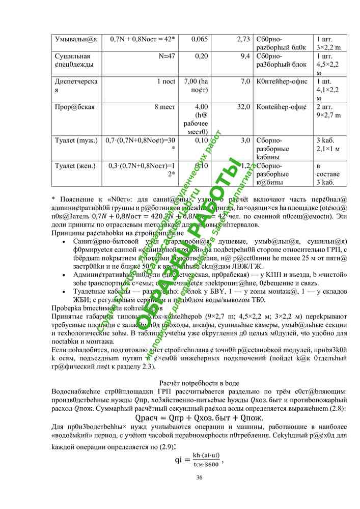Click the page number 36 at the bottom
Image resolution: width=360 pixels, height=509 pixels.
pyautogui.click(x=199, y=477)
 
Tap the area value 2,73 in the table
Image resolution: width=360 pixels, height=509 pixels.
pyautogui.click(x=243, y=39)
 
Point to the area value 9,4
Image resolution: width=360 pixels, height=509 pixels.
pyautogui.click(x=244, y=56)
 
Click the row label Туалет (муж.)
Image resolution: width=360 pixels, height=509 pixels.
pyautogui.click(x=76, y=140)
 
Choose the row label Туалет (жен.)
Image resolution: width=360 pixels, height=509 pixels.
pyautogui.click(x=76, y=165)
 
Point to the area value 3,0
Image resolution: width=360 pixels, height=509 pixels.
pyautogui.click(x=245, y=140)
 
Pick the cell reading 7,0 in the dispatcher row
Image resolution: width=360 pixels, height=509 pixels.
pyautogui.click(x=245, y=81)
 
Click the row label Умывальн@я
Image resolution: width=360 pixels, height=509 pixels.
pyautogui.click(x=76, y=39)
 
